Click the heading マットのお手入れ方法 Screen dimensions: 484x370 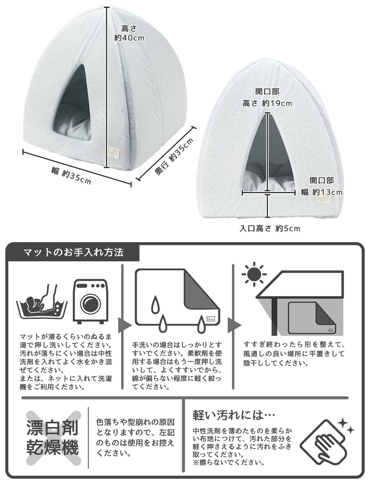tap(73, 252)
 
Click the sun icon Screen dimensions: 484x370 tap(254, 274)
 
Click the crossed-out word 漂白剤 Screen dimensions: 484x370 tap(53, 428)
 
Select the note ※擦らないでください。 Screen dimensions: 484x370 tap(228, 463)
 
